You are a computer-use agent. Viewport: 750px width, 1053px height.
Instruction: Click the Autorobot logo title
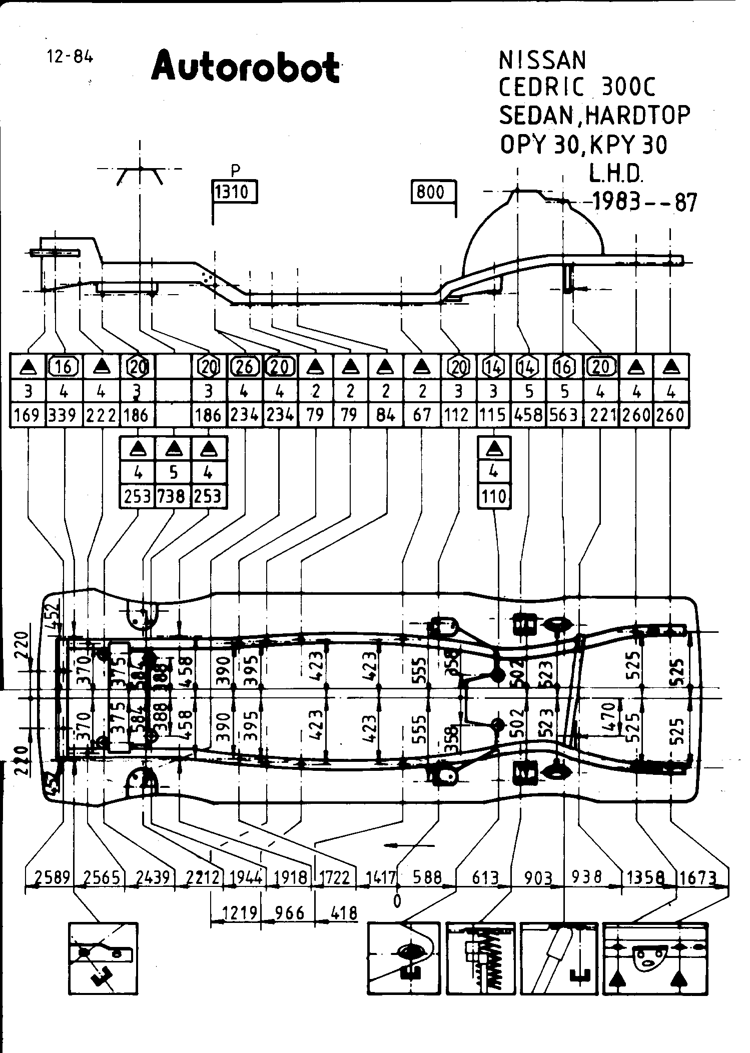point(245,67)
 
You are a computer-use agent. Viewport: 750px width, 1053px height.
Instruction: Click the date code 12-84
point(70,57)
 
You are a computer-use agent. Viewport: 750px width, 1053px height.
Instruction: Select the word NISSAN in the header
point(542,61)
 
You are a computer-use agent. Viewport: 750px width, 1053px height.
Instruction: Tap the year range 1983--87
point(644,203)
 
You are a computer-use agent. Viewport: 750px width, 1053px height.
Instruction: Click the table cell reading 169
point(28,415)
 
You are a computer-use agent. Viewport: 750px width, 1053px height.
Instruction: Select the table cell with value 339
point(64,415)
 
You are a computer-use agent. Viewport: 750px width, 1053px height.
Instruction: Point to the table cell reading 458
point(529,415)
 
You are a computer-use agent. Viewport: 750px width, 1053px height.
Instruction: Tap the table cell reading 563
point(564,415)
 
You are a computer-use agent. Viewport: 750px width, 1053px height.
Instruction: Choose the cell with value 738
point(173,497)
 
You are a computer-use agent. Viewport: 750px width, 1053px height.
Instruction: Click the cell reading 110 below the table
point(494,497)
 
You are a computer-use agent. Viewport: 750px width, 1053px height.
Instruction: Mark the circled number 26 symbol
point(245,368)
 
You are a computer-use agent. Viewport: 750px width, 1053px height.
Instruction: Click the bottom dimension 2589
point(52,877)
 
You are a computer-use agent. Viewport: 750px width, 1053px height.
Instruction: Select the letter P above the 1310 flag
point(235,171)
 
